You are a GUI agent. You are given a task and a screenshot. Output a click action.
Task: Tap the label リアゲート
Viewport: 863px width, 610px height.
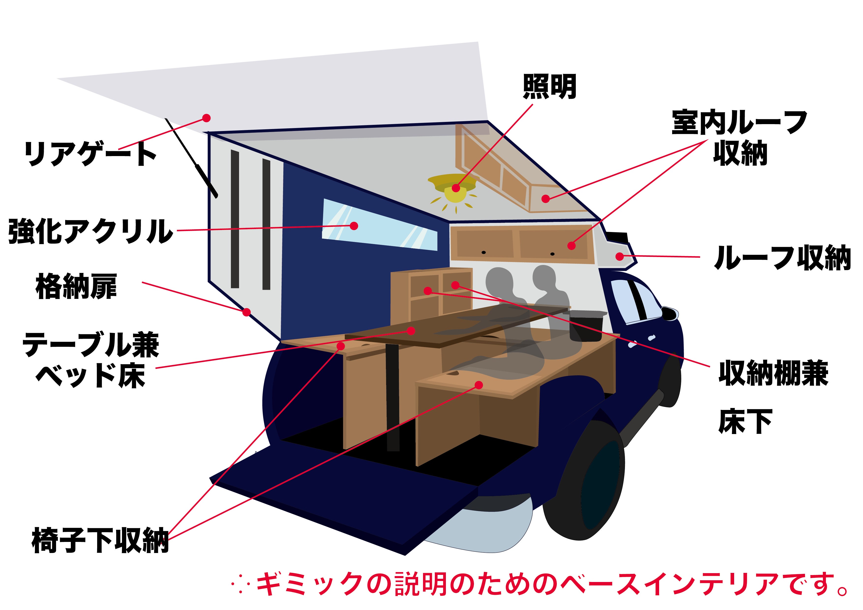[90, 154]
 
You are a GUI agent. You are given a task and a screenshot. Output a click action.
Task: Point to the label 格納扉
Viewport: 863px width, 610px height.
[76, 286]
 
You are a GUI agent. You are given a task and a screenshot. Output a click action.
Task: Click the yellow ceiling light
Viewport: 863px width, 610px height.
[455, 190]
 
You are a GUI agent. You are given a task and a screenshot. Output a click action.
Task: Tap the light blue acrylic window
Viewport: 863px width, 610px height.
[380, 225]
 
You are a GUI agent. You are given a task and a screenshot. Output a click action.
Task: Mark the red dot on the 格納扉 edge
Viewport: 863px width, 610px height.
[247, 312]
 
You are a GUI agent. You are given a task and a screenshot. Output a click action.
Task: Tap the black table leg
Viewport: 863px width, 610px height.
[393, 398]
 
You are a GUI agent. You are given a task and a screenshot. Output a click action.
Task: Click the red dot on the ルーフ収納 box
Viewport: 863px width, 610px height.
[620, 257]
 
